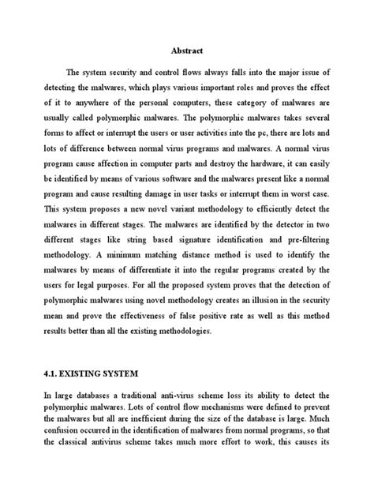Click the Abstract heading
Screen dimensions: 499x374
(186, 48)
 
